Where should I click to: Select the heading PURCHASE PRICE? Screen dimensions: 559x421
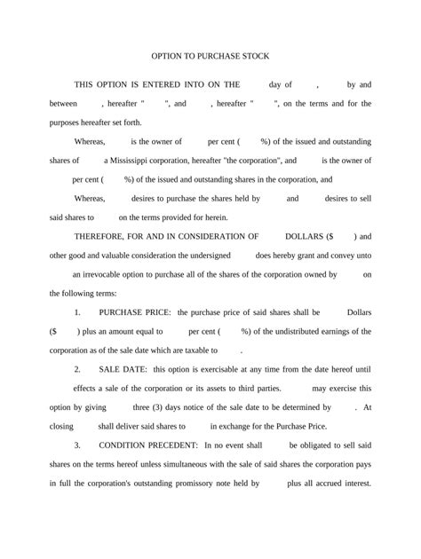coord(136,313)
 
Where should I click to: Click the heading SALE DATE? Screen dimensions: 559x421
coord(123,368)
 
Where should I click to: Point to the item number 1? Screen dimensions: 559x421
coord(78,313)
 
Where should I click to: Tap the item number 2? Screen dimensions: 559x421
coord(78,368)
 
